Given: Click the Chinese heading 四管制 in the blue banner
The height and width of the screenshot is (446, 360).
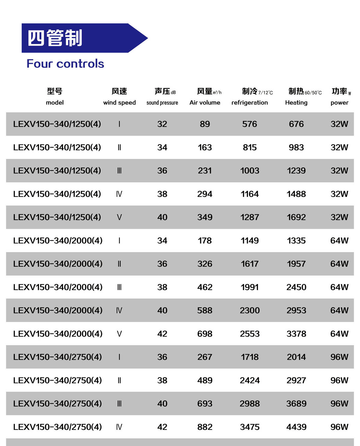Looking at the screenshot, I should point(55,38).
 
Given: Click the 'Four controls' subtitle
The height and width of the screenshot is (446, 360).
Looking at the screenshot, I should point(65,64).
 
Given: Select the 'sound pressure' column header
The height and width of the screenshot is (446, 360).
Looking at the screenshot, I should point(162,103).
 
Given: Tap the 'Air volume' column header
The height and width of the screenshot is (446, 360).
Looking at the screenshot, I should point(205,103).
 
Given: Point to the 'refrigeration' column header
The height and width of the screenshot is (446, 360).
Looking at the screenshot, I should point(250,103).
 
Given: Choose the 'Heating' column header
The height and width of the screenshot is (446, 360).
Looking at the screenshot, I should point(296,103).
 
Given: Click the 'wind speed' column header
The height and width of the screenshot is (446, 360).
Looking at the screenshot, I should point(119,103).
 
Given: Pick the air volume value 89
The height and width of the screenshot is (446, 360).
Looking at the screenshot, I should point(205,124).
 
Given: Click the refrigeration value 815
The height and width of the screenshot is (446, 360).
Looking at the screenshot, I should point(250,147).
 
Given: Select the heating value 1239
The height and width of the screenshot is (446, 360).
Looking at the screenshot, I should point(296,171).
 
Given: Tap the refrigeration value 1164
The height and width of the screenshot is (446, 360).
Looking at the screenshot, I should point(250,194).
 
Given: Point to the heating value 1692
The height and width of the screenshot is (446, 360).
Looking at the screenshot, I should point(296,217).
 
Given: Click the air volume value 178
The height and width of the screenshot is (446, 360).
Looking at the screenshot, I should point(205,241).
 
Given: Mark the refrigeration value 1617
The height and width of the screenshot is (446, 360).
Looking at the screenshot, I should point(250,264).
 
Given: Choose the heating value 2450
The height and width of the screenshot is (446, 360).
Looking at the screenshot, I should point(296,287).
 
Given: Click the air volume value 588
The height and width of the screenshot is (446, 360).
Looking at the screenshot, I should point(205,310).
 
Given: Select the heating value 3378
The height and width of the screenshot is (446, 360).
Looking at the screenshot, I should point(296,334).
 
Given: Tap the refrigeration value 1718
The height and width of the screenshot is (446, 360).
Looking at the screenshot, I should point(250,357).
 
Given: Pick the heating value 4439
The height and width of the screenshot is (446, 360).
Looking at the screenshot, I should point(296,427).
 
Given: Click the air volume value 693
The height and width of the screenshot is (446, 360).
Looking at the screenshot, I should point(205,404).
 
